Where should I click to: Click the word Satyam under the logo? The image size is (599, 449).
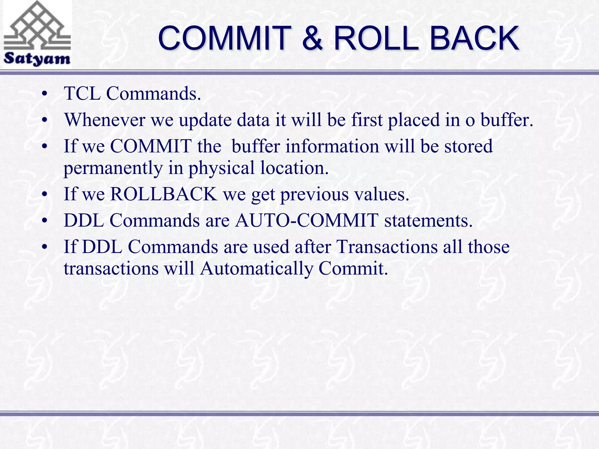click(x=37, y=59)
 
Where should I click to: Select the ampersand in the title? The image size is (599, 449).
click(x=312, y=38)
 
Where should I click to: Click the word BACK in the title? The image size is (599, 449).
click(x=474, y=38)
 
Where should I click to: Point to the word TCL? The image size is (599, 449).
click(x=82, y=94)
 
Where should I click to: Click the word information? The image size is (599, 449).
click(x=332, y=146)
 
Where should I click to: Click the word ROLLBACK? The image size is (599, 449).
click(x=164, y=194)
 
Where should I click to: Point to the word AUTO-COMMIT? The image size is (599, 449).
click(x=307, y=220)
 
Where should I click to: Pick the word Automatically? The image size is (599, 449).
click(x=257, y=268)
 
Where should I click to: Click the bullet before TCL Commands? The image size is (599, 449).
click(x=44, y=94)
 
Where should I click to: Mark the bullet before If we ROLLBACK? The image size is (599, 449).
click(x=44, y=194)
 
